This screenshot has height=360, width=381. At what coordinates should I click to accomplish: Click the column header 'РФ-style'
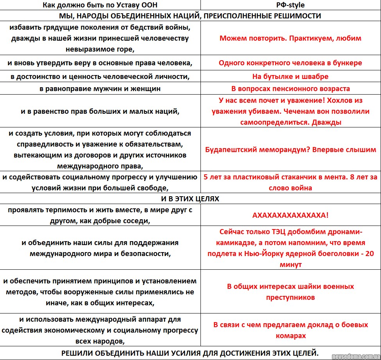pyautogui.click(x=290, y=5)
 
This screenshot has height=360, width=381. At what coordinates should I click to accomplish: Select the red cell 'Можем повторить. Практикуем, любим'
pyautogui.click(x=290, y=38)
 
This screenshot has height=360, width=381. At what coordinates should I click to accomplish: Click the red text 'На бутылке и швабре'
pyautogui.click(x=290, y=76)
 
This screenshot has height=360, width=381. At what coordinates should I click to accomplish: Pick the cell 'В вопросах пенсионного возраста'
pyautogui.click(x=290, y=89)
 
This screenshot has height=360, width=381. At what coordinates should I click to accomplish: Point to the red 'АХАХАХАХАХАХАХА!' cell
pyautogui.click(x=290, y=215)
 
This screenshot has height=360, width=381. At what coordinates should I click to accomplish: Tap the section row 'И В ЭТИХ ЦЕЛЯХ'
pyautogui.click(x=190, y=199)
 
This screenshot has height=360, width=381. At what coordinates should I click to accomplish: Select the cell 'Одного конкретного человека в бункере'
pyautogui.click(x=290, y=63)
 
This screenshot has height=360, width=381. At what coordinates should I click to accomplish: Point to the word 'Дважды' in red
pyautogui.click(x=327, y=122)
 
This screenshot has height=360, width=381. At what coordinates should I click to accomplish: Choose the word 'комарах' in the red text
pyautogui.click(x=290, y=336)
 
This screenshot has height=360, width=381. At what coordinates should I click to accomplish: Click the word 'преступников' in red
pyautogui.click(x=290, y=297)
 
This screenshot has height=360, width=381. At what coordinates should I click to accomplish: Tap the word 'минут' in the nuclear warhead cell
pyautogui.click(x=290, y=265)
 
